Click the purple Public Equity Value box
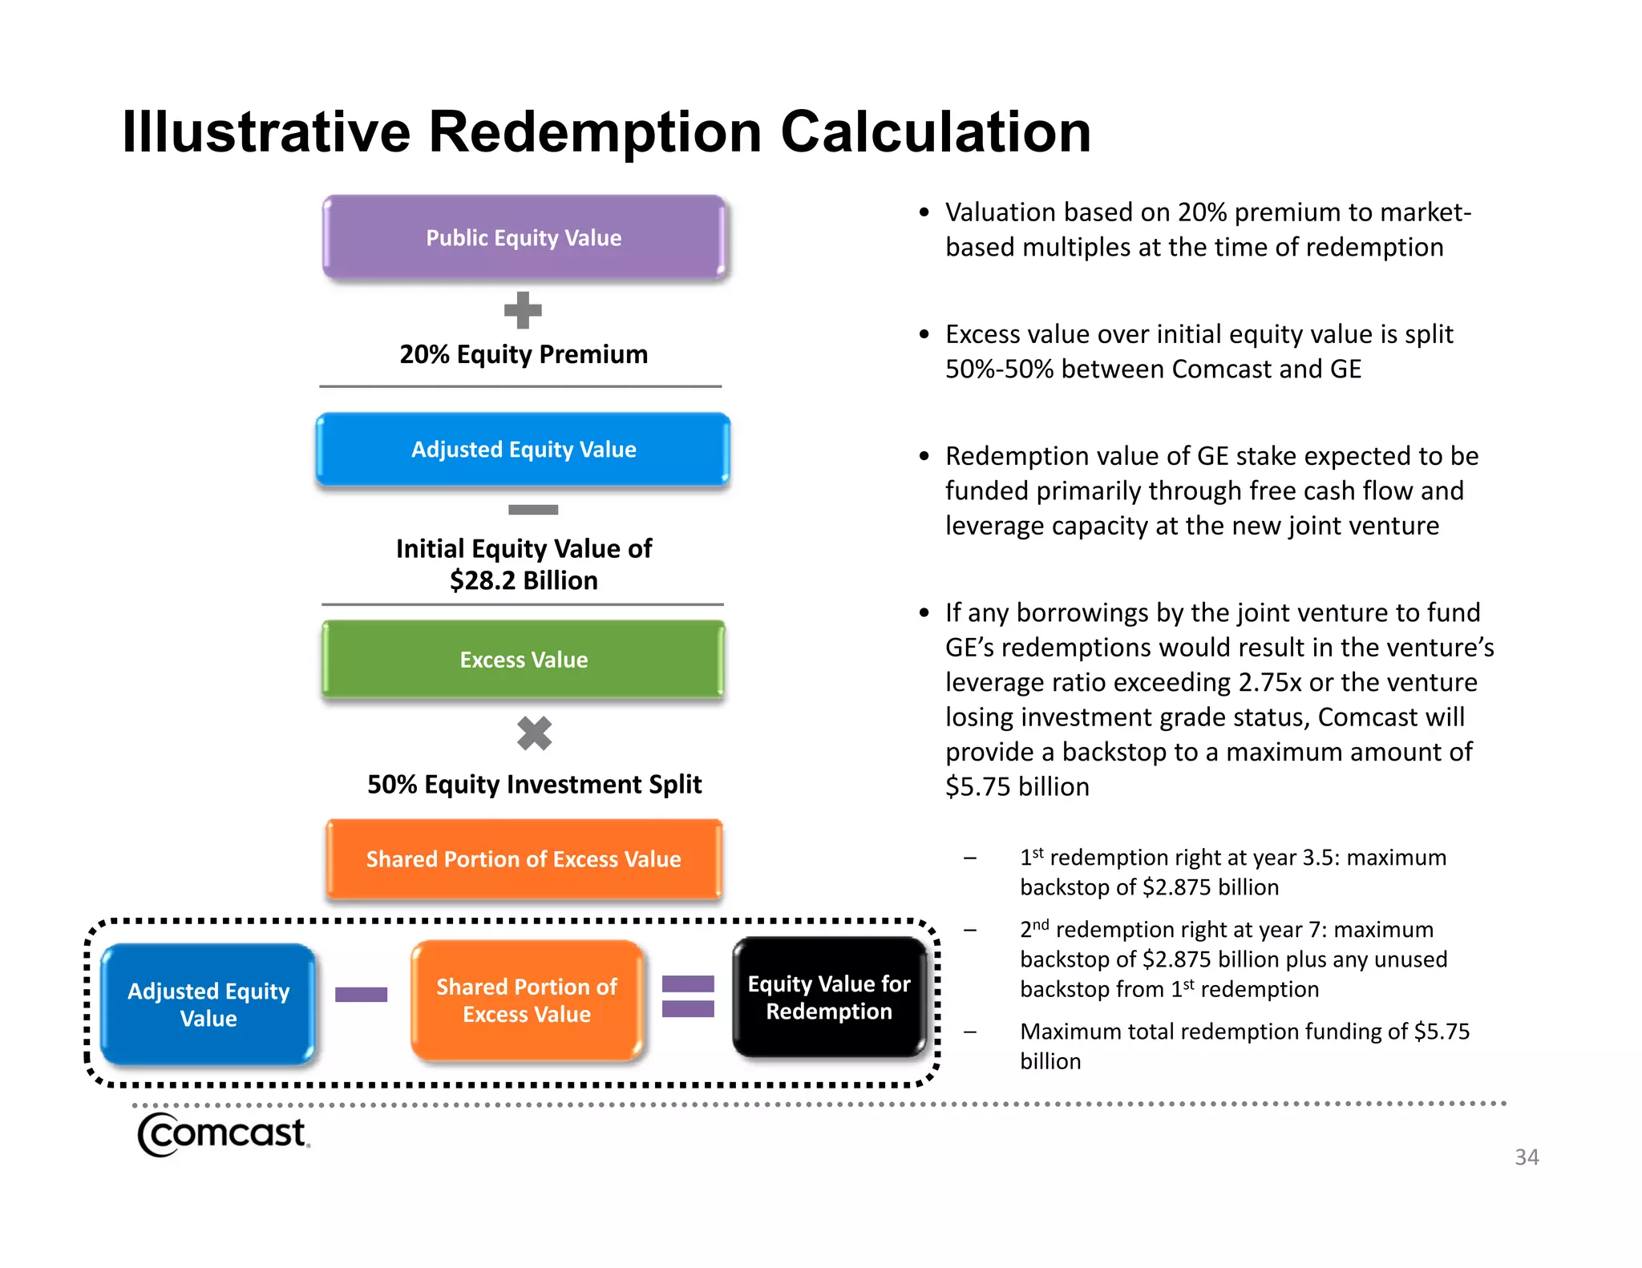coord(524,238)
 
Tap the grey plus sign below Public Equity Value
coord(523,310)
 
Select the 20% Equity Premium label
coord(524,354)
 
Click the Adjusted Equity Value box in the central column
coord(524,450)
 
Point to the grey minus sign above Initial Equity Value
coord(533,510)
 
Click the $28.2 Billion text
coord(524,580)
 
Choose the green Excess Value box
coord(524,660)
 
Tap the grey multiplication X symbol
coord(535,733)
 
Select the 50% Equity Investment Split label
coord(534,784)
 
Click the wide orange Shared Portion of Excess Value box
coord(524,859)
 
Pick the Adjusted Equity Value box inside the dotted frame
coord(208,1004)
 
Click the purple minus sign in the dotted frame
coord(361,995)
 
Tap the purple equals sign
coord(688,996)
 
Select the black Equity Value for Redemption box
coord(829,997)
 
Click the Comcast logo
coord(223,1133)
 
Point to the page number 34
coord(1526,1157)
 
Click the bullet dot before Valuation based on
coord(924,212)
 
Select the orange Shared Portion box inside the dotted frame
coord(527,1000)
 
